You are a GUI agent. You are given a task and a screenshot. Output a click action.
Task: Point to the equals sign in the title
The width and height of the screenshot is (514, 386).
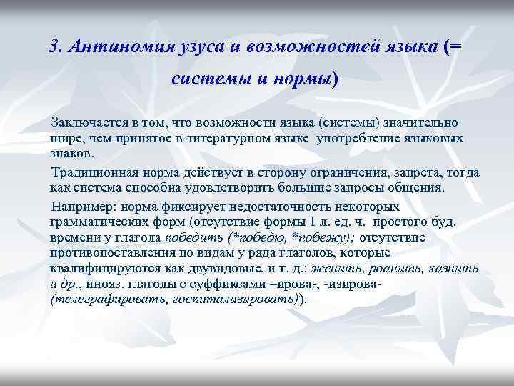(x=457, y=48)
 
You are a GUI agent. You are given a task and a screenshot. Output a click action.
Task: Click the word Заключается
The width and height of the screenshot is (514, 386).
(x=84, y=125)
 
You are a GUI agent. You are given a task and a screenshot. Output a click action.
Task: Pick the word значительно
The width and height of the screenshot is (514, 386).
(x=431, y=125)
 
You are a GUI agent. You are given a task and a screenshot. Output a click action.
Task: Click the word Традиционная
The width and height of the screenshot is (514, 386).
(x=91, y=173)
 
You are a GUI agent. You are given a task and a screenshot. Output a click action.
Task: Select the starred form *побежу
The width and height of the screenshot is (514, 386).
(x=318, y=237)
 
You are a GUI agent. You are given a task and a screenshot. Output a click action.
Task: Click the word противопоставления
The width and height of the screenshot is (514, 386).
(x=116, y=252)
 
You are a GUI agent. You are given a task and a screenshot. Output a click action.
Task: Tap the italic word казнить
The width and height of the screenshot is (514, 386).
(x=455, y=268)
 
